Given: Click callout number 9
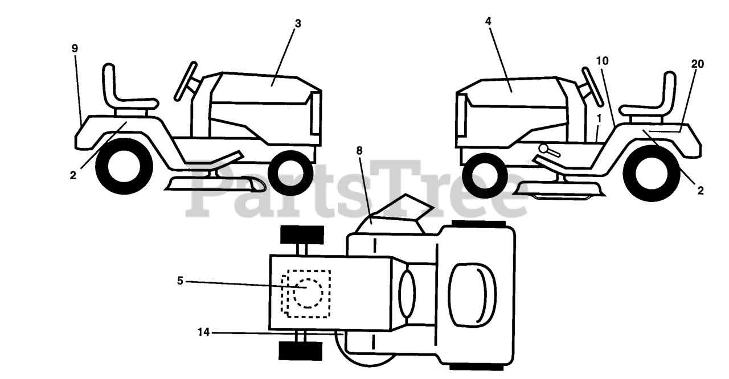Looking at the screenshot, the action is click(75, 48).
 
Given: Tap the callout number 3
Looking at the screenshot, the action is click(298, 23).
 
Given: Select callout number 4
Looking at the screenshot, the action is click(488, 21).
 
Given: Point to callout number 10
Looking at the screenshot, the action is click(603, 60).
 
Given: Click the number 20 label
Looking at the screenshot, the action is click(697, 64).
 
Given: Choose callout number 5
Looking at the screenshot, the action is click(180, 281).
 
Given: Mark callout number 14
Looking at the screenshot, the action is click(203, 331).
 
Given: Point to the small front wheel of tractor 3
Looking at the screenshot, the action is click(290, 172).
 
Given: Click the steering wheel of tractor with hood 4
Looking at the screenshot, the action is click(592, 86).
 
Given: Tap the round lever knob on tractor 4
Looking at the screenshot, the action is click(544, 150).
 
